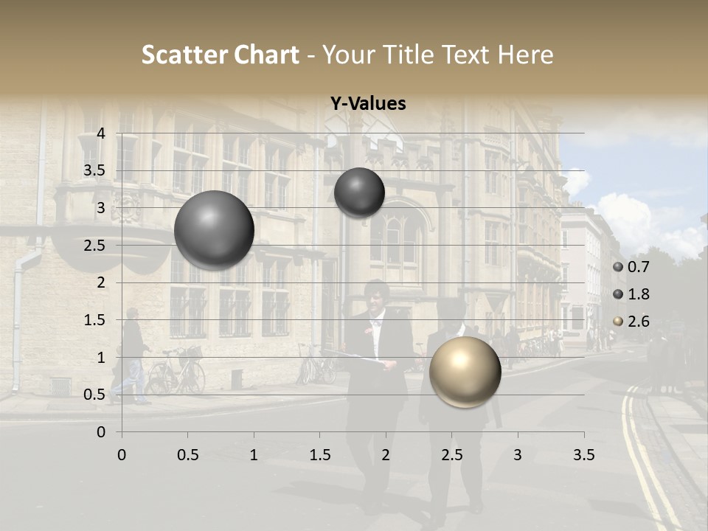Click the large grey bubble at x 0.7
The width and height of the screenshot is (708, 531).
pos(214,230)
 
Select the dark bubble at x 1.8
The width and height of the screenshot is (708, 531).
pos(359,192)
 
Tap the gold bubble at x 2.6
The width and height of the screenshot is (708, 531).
pos(465,372)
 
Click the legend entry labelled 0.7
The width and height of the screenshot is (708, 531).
pos(631,267)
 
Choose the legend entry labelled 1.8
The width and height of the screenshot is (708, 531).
pos(631,294)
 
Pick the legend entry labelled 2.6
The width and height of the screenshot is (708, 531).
pos(631,322)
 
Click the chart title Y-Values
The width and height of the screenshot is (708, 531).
pos(367,104)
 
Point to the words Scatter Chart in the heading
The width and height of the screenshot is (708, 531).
pos(220,55)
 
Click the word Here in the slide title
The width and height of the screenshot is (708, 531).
pos(525,55)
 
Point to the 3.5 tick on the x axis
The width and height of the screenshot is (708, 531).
pos(583,455)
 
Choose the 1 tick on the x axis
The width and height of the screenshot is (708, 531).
pos(254,455)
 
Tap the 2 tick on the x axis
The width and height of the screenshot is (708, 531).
pos(386,455)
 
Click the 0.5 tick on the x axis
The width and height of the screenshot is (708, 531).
pos(187,455)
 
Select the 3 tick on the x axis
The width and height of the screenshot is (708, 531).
pos(518,455)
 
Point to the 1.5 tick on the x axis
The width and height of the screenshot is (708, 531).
pos(319,455)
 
